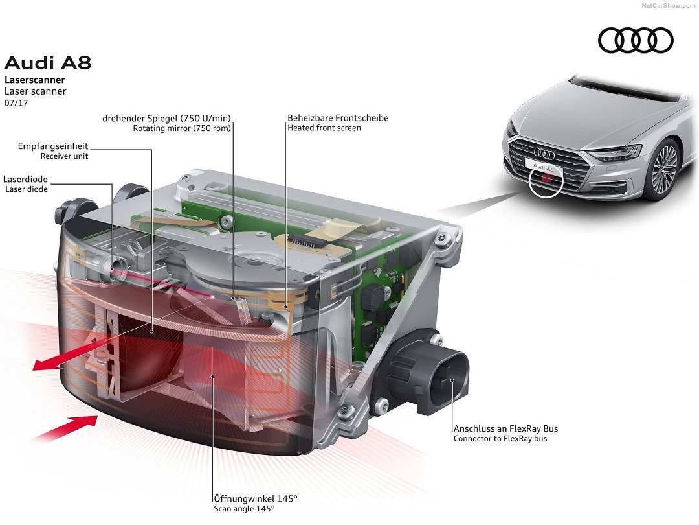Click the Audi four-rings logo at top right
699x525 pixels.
pyautogui.click(x=636, y=41)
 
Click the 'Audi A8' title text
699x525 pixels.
pyautogui.click(x=48, y=63)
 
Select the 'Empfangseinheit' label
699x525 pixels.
pyautogui.click(x=53, y=146)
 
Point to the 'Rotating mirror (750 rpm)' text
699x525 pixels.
pyautogui.click(x=182, y=128)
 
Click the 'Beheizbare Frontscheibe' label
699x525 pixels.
pyautogui.click(x=338, y=118)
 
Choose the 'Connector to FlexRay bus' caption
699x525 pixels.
pyautogui.click(x=500, y=439)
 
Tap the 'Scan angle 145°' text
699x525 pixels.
pyautogui.click(x=244, y=509)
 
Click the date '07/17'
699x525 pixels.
pyautogui.click(x=16, y=103)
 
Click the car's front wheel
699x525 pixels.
pyautogui.click(x=665, y=170)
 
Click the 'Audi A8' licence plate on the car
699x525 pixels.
pyautogui.click(x=544, y=166)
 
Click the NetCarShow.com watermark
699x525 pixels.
pyautogui.click(x=668, y=5)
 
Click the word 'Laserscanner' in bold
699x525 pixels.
pyautogui.click(x=34, y=80)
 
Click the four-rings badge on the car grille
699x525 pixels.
pyautogui.click(x=545, y=154)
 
